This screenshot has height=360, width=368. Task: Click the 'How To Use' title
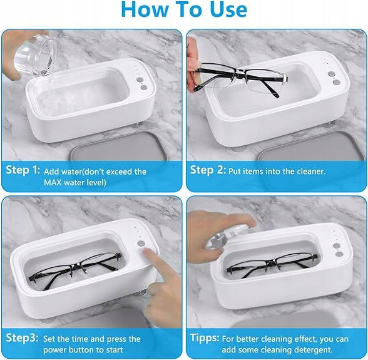click(184, 9)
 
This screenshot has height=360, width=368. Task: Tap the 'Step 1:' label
click(23, 170)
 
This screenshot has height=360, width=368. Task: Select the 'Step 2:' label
click(208, 170)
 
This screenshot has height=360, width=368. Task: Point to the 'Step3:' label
click(22, 337)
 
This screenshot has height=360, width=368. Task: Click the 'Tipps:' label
click(205, 337)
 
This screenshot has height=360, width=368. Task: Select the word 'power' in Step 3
click(54, 350)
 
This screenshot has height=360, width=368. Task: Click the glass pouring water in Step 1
click(35, 55)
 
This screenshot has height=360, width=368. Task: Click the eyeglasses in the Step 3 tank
click(74, 270)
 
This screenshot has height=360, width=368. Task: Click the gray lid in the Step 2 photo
click(312, 148)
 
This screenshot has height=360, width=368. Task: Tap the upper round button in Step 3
click(141, 244)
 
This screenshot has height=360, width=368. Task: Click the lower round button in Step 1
click(144, 88)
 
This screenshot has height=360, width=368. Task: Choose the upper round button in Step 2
click(331, 74)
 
